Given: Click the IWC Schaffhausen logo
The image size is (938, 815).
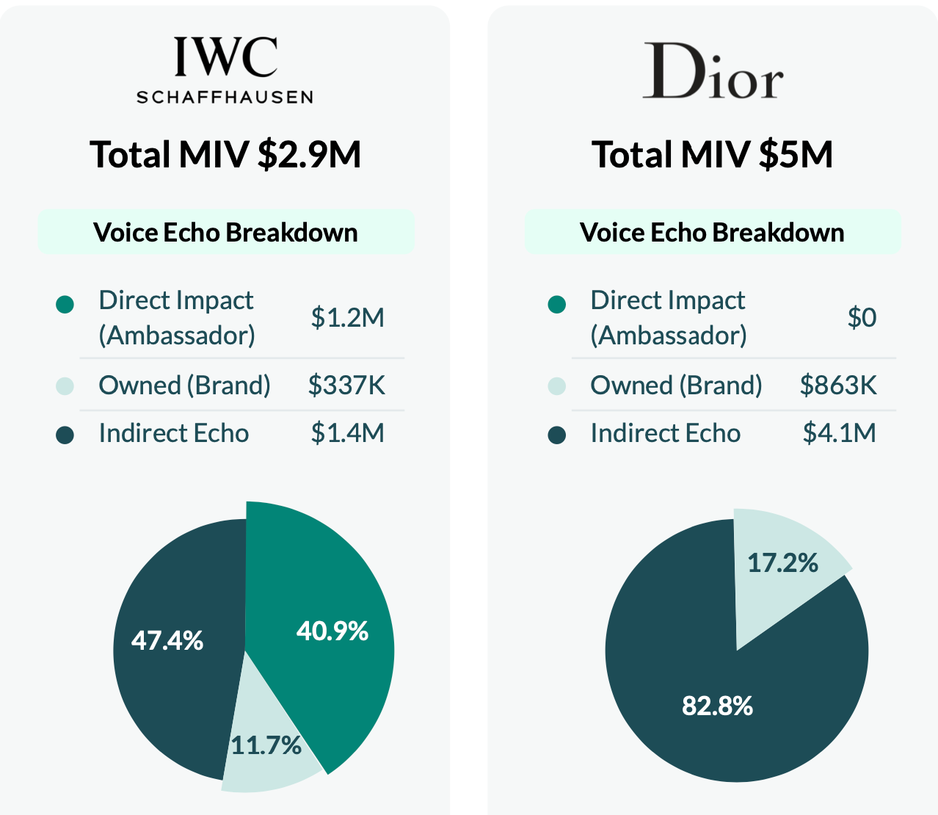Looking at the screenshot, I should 225,70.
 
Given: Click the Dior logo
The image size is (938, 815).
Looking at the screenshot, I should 713,71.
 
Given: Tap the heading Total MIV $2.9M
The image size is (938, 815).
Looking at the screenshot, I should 225,155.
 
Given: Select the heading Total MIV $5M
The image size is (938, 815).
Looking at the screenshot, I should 713,155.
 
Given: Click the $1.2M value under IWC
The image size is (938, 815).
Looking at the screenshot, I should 347,318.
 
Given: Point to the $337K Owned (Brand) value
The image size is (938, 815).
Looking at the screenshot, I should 346,385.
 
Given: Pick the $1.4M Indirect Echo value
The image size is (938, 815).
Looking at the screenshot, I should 347,433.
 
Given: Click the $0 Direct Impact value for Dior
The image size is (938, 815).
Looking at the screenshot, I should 862,318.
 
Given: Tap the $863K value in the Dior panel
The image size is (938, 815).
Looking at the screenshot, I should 838,385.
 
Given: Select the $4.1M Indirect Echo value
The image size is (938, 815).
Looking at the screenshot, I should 839,433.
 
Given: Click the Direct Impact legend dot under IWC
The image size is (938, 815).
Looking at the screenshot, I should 65,304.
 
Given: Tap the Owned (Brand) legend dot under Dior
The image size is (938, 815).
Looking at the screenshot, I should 557,385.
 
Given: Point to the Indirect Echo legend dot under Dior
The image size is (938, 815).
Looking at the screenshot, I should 557,435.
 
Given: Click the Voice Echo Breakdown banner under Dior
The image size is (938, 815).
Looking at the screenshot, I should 712,233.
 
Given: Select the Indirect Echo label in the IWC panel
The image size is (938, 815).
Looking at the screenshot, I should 174,433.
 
